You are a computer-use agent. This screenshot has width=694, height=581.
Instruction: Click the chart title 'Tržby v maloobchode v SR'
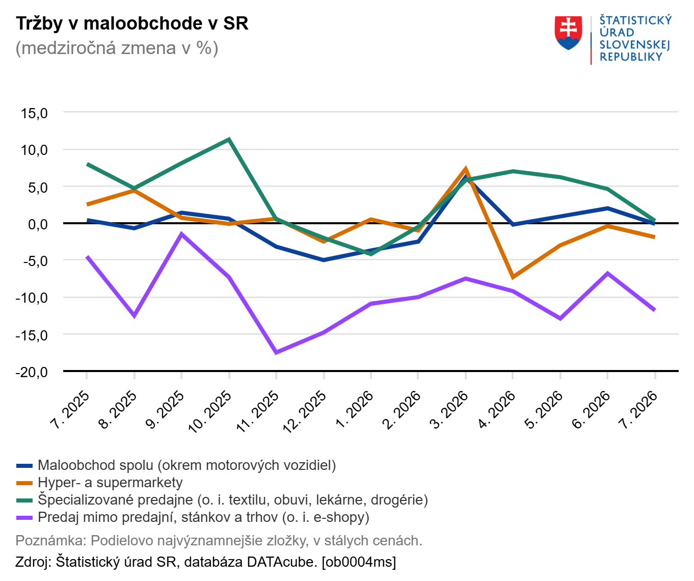[132, 23]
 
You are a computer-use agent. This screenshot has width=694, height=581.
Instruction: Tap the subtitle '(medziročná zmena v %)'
[117, 48]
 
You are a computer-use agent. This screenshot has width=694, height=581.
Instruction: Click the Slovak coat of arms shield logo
[568, 33]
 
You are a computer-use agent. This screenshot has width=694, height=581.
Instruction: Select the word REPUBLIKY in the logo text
[631, 57]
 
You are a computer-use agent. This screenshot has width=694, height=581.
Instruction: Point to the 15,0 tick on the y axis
[34, 113]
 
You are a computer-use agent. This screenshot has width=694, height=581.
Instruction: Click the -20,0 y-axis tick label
[32, 372]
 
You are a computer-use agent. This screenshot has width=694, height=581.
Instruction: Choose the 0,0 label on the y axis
[38, 224]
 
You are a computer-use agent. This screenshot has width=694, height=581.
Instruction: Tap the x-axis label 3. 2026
[449, 410]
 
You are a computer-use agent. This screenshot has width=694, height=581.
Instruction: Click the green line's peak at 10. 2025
[229, 139]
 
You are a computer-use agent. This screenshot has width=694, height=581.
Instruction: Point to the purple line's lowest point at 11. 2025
[276, 352]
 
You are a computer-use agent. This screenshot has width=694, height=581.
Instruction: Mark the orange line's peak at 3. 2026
[466, 169]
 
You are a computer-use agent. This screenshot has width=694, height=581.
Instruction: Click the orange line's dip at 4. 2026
[513, 277]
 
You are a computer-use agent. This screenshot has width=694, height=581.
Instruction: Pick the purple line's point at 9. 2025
[181, 234]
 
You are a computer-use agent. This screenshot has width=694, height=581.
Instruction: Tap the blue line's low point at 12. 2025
[324, 260]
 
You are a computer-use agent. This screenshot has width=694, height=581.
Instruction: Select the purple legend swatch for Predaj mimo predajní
[24, 517]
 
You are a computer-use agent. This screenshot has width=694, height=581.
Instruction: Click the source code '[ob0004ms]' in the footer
[359, 562]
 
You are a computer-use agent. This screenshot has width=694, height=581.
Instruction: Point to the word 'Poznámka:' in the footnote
[51, 541]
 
